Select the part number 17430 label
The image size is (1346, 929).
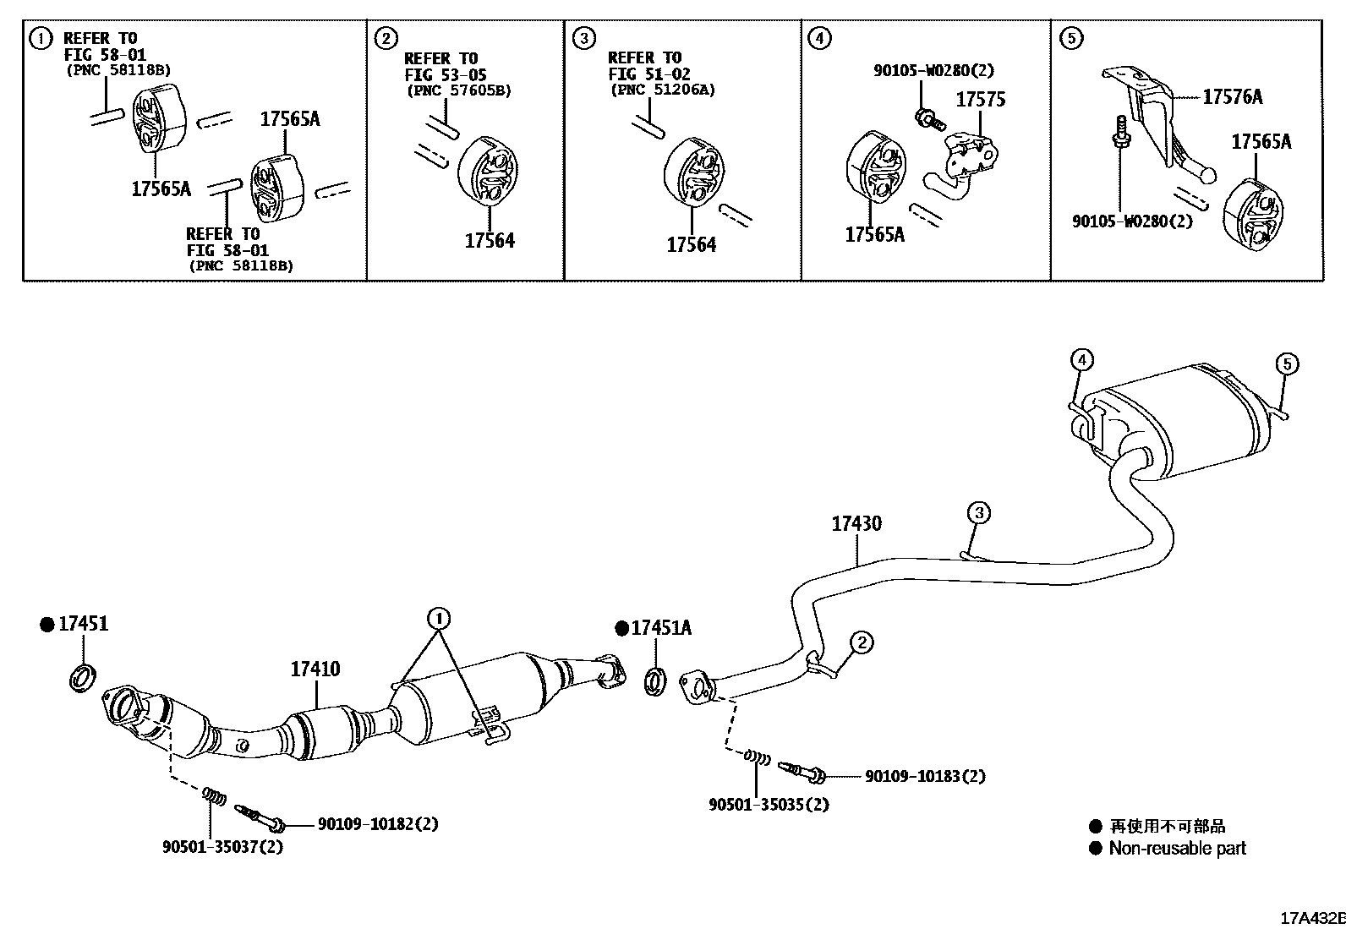[856, 523]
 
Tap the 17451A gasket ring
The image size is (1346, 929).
[656, 681]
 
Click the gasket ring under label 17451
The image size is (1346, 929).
[82, 677]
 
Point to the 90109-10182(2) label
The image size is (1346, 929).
[378, 823]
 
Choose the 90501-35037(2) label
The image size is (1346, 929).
[222, 846]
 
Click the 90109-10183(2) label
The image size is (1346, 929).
[924, 775]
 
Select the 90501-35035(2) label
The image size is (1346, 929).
[769, 805]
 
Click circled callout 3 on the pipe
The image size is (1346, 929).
[978, 512]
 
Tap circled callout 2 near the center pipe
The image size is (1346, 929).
[861, 643]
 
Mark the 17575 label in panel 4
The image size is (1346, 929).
[980, 100]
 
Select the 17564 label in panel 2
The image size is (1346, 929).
[489, 241]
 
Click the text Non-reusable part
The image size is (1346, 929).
[1177, 848]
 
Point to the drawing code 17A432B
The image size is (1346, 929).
[1310, 918]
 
